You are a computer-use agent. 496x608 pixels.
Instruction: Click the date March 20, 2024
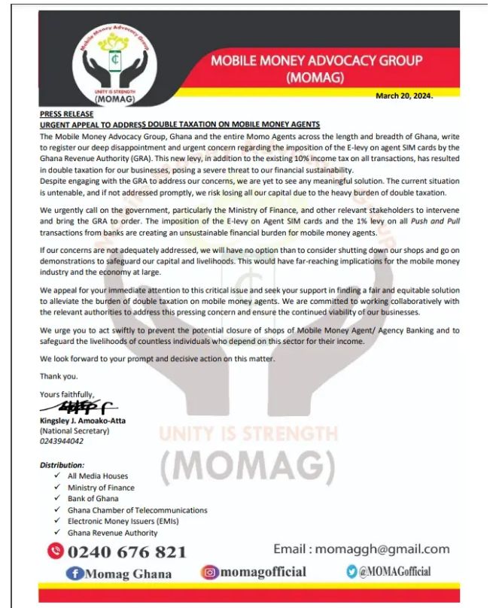[x=405, y=96]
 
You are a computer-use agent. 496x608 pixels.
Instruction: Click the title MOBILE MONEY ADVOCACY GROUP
[x=316, y=60]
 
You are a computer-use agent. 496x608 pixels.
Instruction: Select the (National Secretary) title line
[x=75, y=431]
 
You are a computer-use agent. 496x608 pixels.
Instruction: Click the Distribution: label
[x=62, y=465]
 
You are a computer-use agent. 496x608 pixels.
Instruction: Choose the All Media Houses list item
[x=98, y=476]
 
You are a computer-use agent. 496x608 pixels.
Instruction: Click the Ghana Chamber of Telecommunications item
[x=137, y=510]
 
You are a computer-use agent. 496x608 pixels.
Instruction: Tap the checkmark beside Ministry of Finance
[x=58, y=488]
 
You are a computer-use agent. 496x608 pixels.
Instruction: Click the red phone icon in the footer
[x=55, y=551]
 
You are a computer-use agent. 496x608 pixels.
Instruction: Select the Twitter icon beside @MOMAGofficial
[x=351, y=572]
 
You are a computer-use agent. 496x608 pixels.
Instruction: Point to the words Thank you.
[x=58, y=375]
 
